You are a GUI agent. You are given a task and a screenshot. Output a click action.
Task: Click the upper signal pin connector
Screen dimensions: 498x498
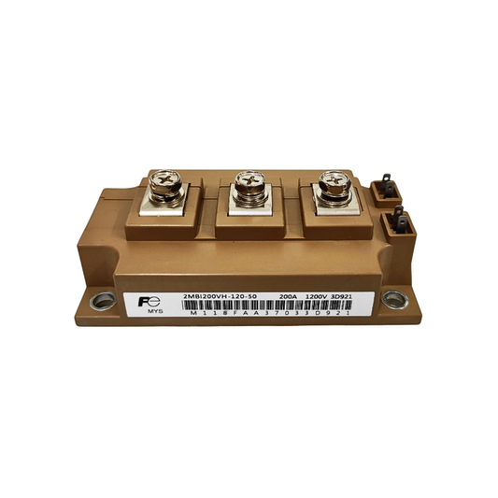click(x=386, y=191)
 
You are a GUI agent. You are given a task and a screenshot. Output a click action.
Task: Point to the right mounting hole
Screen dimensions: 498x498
click(x=395, y=299)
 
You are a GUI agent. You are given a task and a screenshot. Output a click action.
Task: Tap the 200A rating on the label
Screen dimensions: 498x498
click(x=289, y=294)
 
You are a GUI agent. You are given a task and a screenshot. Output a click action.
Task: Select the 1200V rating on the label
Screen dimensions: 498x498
click(x=325, y=294)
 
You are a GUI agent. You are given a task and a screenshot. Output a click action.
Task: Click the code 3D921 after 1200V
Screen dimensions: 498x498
click(x=356, y=294)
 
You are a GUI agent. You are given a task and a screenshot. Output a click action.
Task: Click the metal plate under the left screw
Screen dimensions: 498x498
click(x=165, y=204)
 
